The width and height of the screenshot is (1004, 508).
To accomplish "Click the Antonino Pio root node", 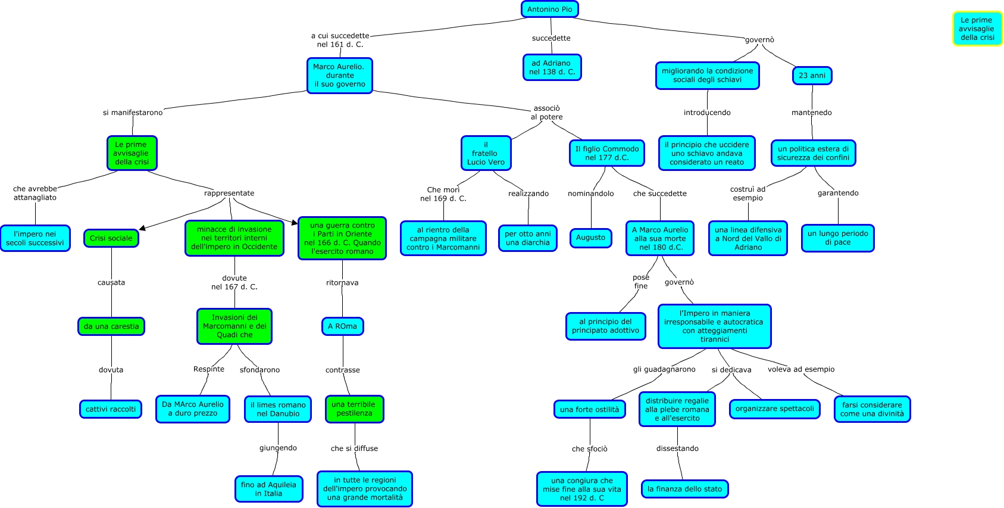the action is click(x=549, y=10).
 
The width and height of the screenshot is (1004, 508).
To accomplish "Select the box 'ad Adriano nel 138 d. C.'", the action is click(x=552, y=68).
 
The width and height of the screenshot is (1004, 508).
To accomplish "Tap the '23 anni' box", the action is click(x=812, y=75).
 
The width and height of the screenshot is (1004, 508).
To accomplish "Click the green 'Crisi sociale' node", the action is click(x=111, y=238).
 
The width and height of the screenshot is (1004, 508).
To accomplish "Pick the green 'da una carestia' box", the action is click(x=111, y=326).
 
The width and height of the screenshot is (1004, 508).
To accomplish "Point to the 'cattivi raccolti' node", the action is click(x=111, y=409).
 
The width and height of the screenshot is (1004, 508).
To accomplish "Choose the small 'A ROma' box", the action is click(x=342, y=326).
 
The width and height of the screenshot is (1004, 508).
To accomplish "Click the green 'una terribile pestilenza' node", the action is click(x=355, y=409).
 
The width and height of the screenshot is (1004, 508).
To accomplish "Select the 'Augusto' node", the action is click(x=591, y=238).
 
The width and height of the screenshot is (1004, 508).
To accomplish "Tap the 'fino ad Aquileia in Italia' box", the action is click(x=268, y=489).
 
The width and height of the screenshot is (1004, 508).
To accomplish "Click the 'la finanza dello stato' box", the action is click(x=684, y=489).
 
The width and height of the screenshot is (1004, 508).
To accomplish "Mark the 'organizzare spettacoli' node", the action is click(x=774, y=409).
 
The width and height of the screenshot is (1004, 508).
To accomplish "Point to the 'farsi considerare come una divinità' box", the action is click(x=872, y=409).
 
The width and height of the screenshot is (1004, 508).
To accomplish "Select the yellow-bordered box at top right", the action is click(x=977, y=29).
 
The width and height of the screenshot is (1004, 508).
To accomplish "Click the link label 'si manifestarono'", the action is click(x=133, y=113).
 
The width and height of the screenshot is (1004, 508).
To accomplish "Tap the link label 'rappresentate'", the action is click(x=229, y=193).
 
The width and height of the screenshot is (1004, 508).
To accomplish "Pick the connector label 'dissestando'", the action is click(x=677, y=448).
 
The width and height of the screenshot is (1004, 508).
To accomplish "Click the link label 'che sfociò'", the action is click(x=589, y=449).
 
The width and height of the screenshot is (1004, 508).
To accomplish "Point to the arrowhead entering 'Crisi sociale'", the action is click(x=142, y=229).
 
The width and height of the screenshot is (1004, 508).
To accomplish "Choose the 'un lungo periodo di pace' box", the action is click(x=838, y=238).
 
